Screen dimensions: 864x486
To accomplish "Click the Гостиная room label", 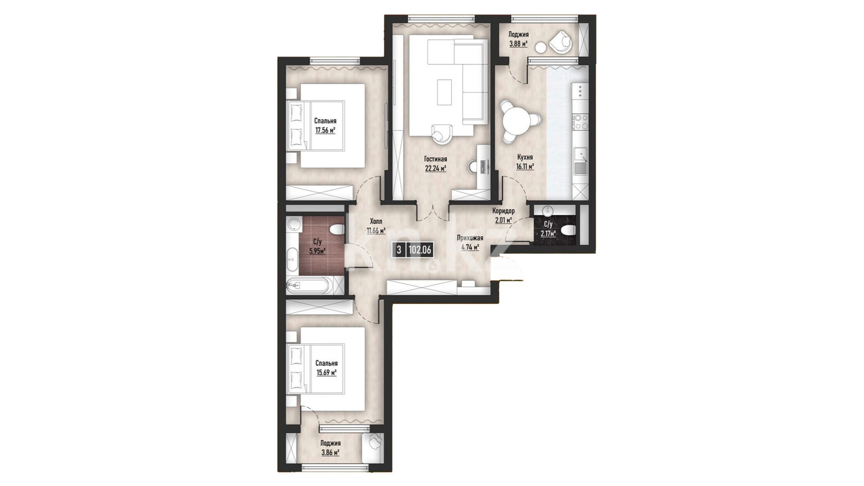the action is [x=435, y=159].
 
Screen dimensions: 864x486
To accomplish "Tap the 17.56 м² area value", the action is [x=325, y=131].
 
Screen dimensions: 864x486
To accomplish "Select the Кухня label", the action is [x=525, y=157].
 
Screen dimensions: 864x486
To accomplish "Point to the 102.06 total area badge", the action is [x=420, y=250].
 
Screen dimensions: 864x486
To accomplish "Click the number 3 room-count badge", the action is [x=399, y=250].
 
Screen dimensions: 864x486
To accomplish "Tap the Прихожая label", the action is [x=470, y=238].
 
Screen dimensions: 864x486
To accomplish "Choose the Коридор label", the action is [x=504, y=211].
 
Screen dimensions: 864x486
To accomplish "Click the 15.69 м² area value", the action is [x=326, y=373].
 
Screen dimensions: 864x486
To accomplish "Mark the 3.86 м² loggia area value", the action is [x=330, y=452].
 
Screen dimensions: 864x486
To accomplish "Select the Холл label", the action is [x=376, y=221].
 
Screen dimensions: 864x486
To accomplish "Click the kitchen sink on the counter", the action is [x=580, y=156].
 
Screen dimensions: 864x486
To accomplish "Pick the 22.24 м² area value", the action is [x=435, y=169].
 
